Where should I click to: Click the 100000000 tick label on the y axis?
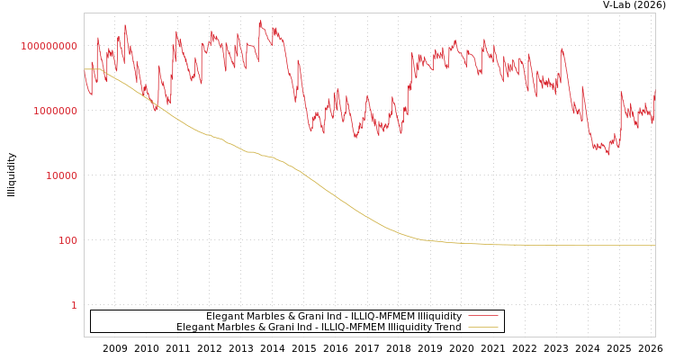pos(49,46)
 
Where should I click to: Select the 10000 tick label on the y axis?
pos(61,175)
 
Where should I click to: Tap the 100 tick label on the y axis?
pos(67,240)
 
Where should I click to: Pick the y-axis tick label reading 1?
pos(74,305)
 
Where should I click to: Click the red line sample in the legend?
pos(483,317)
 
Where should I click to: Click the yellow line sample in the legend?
pos(483,328)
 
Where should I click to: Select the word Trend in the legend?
pos(446,328)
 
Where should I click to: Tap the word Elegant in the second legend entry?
pos(193,328)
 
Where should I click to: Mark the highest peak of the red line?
pos(260,22)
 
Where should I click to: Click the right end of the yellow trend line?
pos(654,246)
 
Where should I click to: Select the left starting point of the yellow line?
pos(85,69)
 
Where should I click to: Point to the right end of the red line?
pos(654,91)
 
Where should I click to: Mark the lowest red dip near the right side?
pos(608,154)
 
